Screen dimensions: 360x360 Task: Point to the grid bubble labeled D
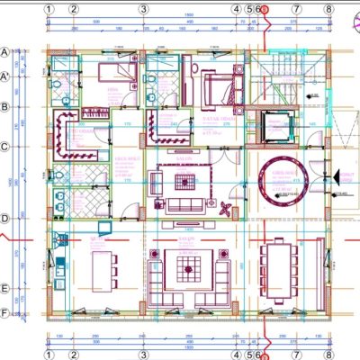6,218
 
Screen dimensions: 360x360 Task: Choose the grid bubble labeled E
6,289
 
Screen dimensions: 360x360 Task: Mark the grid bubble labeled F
6,313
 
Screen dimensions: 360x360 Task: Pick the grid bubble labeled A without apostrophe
6,52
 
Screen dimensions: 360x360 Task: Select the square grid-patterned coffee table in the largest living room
189,267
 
